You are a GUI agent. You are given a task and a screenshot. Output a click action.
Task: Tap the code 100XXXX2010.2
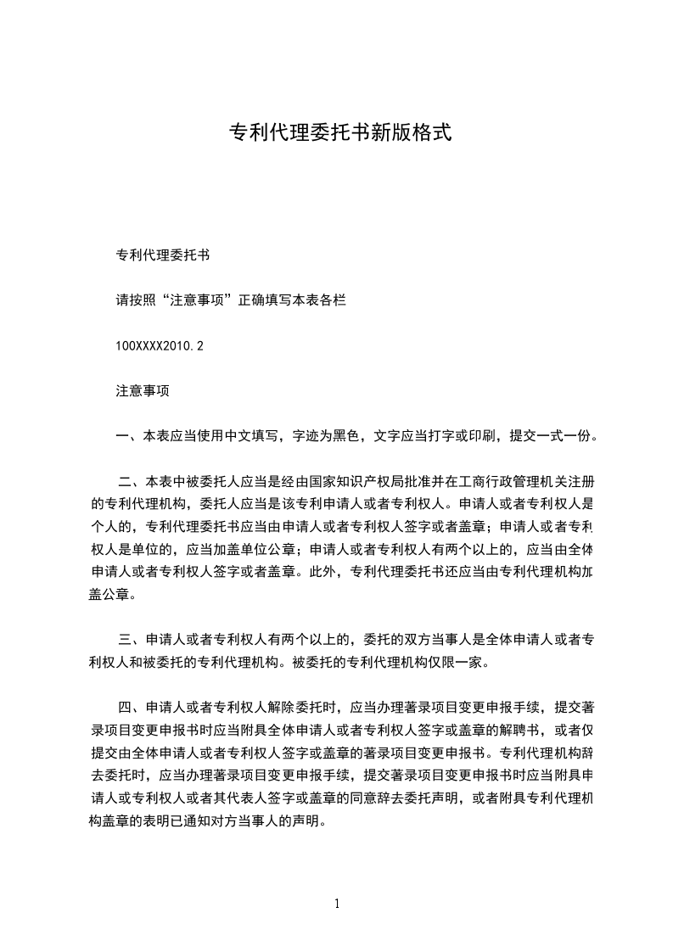pos(160,346)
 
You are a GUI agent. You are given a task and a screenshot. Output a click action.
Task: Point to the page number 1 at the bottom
pos(337,904)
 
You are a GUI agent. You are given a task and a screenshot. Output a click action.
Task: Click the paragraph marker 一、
pos(129,437)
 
